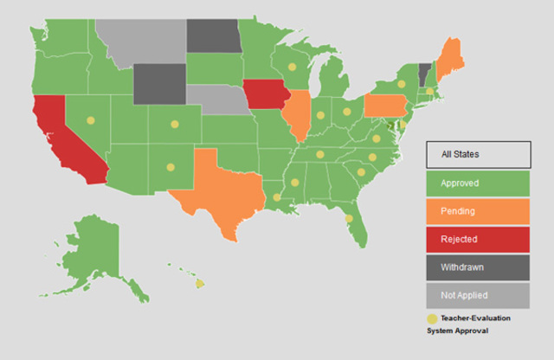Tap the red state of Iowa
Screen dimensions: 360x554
tap(264, 93)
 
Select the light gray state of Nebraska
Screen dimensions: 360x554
tap(216, 100)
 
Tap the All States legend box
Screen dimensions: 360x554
tap(478, 155)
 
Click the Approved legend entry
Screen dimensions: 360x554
tap(478, 183)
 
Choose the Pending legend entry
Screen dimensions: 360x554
tap(478, 210)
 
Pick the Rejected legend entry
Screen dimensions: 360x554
tap(478, 238)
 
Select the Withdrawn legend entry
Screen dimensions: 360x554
tap(478, 267)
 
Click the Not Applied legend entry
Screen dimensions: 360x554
tap(478, 295)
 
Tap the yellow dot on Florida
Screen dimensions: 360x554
tap(348, 219)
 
